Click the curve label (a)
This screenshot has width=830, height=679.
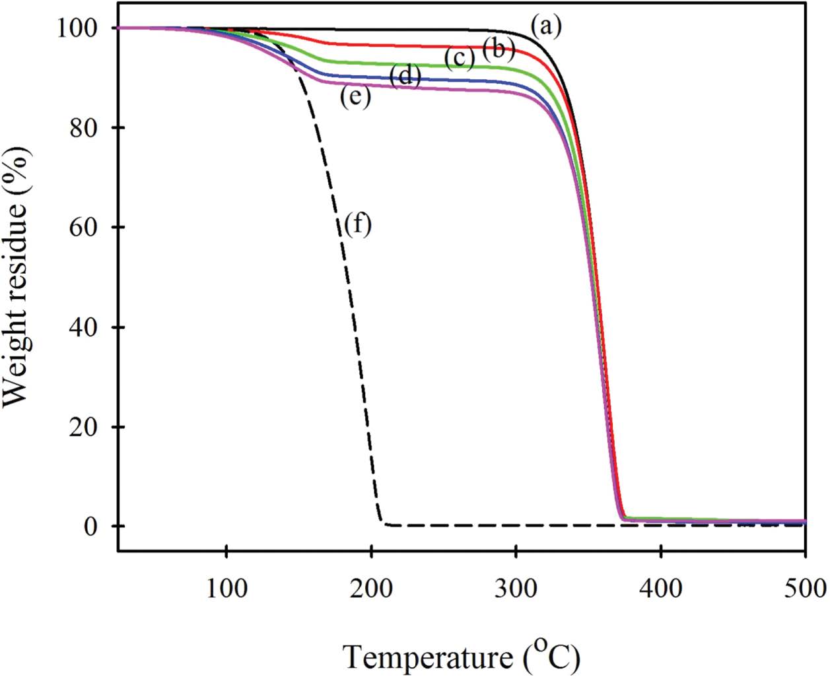coord(545,27)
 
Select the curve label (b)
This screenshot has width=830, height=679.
coord(499,49)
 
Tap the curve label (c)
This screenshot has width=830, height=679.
coord(460,59)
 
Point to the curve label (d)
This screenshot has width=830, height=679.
coord(405,77)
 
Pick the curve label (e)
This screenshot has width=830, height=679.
coord(355,98)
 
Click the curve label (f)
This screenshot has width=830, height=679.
coord(358,225)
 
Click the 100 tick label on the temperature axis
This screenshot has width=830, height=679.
coord(226,587)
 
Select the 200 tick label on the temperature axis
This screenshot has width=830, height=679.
coord(371,587)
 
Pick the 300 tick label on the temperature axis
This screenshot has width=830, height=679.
coord(516,587)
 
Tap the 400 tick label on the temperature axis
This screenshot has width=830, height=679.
coord(660,587)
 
